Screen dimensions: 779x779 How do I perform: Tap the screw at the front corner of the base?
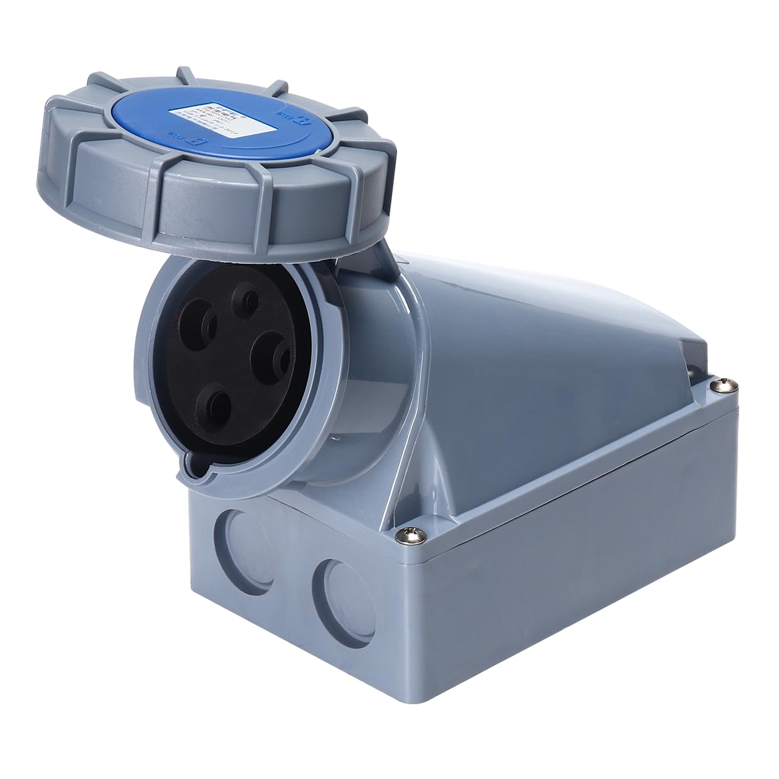pyautogui.click(x=406, y=534)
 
